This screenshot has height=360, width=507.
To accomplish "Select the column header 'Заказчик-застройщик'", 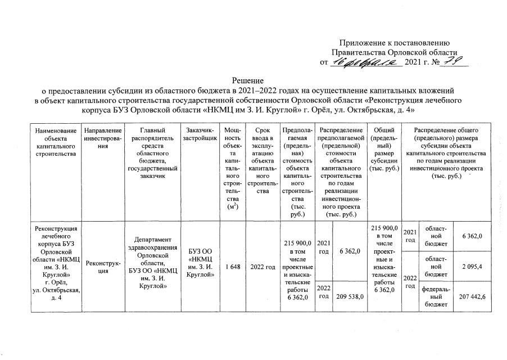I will point(198,134).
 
